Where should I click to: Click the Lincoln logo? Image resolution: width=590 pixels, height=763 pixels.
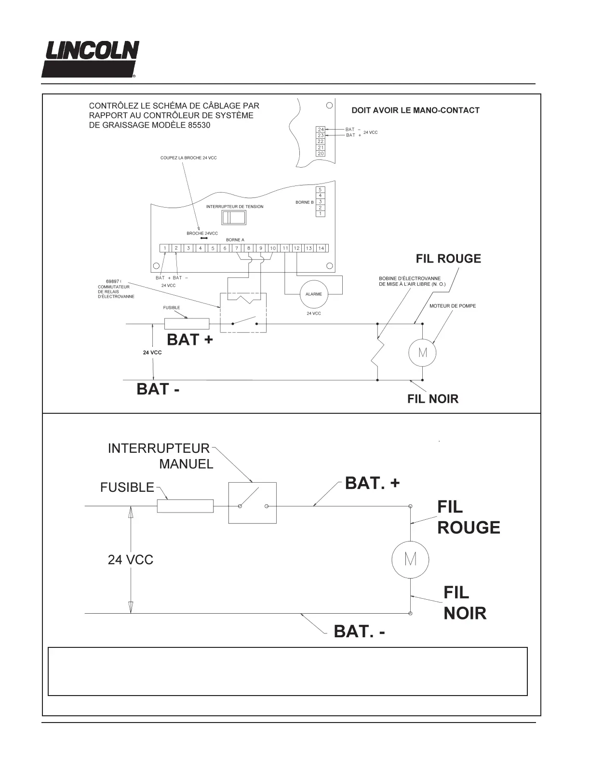(x=90, y=59)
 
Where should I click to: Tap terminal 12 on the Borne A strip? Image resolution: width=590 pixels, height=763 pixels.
(x=297, y=248)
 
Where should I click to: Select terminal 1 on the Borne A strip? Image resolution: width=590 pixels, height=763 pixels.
(x=165, y=248)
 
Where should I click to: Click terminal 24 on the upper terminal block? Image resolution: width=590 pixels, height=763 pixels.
(x=321, y=130)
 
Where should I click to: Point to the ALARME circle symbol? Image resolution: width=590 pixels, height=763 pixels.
(x=313, y=294)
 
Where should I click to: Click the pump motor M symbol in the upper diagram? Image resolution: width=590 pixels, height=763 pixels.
(x=422, y=353)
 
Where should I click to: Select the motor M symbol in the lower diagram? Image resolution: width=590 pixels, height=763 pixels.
(x=410, y=559)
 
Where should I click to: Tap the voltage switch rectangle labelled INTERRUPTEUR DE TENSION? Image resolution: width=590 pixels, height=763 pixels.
(x=233, y=217)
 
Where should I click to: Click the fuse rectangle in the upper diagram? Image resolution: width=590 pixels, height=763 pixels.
(x=187, y=324)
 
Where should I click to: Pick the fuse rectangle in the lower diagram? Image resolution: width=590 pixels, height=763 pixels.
(x=185, y=506)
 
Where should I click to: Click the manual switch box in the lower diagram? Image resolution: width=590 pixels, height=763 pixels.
(x=252, y=502)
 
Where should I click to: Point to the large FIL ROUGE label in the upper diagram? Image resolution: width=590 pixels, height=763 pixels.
(x=448, y=259)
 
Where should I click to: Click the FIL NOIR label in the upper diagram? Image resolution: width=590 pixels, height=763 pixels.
(x=433, y=399)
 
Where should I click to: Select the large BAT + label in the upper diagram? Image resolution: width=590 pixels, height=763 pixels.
(x=189, y=340)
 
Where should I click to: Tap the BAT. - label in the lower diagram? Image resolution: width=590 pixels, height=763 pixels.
(x=360, y=631)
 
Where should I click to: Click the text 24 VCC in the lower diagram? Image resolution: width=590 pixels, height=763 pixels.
(x=130, y=560)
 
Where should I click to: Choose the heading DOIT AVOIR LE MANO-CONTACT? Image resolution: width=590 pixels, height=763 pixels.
(x=416, y=110)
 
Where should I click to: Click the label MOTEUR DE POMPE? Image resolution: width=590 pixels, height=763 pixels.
(x=452, y=306)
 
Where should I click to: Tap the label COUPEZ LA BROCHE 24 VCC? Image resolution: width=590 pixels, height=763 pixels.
(x=188, y=158)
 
